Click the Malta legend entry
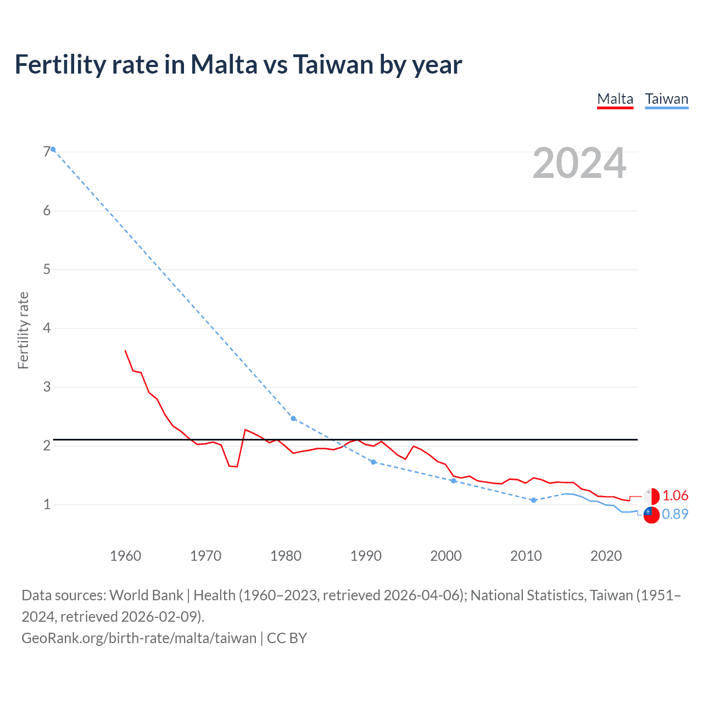pos(615,99)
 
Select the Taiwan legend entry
pos(666,99)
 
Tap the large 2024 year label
pos(579,163)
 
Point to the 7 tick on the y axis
pos(47,152)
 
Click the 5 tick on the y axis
pos(47,269)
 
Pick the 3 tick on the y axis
pos(47,387)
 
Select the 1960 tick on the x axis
pos(126,556)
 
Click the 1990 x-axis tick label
pos(366,556)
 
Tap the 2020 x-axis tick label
pos(606,556)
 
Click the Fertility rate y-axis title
pos(23,330)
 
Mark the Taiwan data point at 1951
pos(53,149)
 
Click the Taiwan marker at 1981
pos(293,419)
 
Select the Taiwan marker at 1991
pos(373,462)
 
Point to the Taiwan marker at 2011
pos(533,500)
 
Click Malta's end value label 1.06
pos(675,495)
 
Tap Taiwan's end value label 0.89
pos(675,514)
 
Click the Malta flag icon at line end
pos(651,496)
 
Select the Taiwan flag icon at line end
pos(651,515)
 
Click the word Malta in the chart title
pos(224,64)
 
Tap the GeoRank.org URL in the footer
pos(139,638)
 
